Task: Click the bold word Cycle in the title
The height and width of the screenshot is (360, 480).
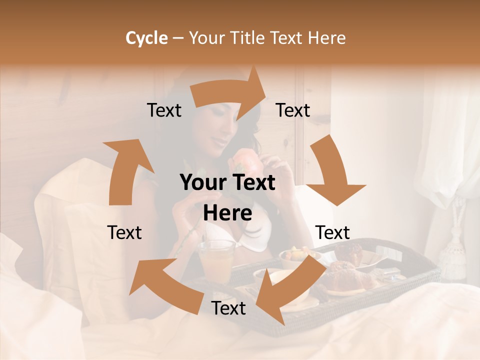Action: coord(146,38)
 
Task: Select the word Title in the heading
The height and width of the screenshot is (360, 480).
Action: coord(250,38)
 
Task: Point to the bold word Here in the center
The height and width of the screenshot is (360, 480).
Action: coord(227,213)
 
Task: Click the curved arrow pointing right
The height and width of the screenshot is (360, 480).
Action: coord(227,93)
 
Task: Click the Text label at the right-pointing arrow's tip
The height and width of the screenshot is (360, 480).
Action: coord(293,110)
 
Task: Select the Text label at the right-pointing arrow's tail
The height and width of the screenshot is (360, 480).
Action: coord(164,110)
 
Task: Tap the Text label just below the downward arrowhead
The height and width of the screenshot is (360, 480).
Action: coord(332,232)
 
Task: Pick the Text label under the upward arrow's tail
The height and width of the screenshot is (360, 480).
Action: coord(124,232)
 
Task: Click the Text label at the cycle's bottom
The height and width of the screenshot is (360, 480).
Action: coord(228,308)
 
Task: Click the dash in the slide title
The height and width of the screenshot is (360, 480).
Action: coord(178,38)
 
